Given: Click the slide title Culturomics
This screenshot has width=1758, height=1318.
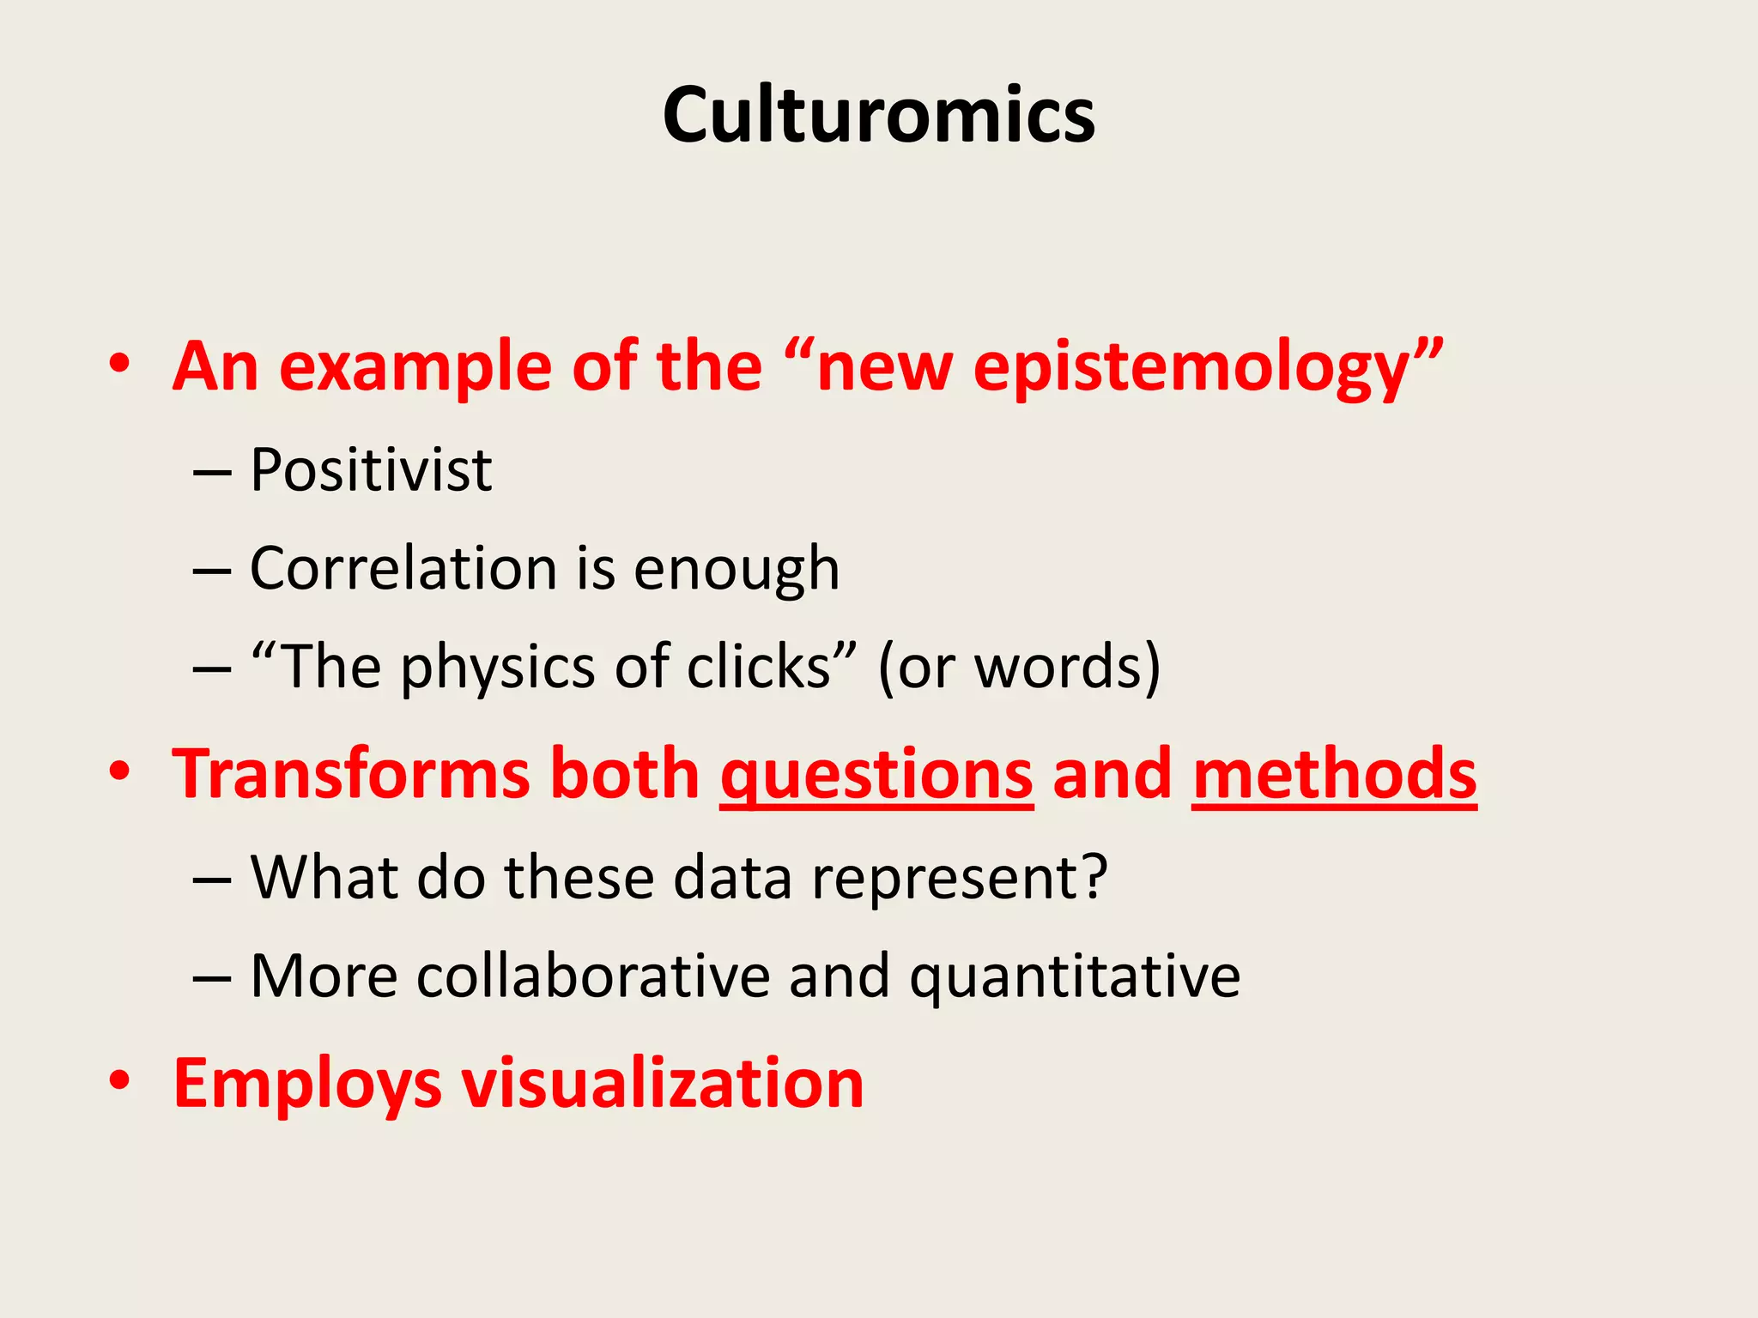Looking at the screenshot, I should click(x=878, y=116).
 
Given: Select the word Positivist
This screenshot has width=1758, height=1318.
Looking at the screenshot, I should click(x=371, y=470).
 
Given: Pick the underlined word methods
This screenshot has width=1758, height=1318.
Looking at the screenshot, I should click(x=1334, y=774).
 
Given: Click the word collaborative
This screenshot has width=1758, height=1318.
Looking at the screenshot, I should click(x=593, y=976).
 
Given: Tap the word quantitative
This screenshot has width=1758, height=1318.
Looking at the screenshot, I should click(x=1075, y=978).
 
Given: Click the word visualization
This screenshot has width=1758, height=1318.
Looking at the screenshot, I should click(x=663, y=1083).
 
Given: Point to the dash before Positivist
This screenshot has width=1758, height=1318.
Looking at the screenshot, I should click(x=212, y=473).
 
